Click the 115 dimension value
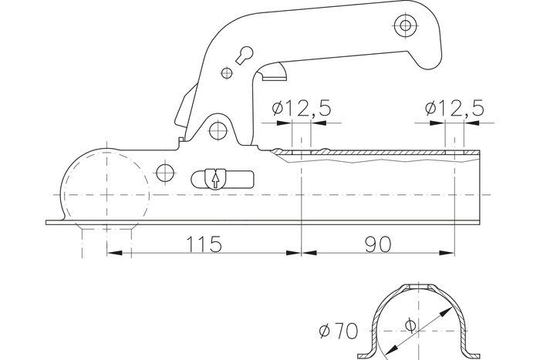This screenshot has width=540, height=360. click(x=204, y=244)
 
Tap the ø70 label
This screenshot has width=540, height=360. click(x=338, y=332)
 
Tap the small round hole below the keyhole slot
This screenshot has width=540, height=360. click(x=226, y=73)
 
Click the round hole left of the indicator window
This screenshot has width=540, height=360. click(x=164, y=172)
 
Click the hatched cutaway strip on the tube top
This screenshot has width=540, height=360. click(x=378, y=156)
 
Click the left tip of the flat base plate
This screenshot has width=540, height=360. click(x=48, y=223)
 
